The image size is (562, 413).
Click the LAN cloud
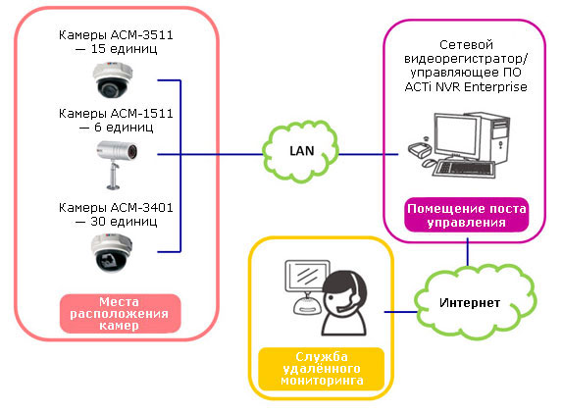300,152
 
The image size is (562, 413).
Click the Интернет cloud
476,302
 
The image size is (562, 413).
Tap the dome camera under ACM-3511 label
113,79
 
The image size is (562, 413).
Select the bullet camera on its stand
117,164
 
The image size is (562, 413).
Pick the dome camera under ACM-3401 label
112,253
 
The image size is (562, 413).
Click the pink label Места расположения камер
120,313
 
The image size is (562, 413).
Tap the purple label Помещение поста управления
466,215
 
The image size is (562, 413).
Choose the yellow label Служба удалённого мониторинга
321,369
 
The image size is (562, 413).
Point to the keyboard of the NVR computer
464,169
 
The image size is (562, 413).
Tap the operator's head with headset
344,291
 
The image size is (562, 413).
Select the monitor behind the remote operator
307,276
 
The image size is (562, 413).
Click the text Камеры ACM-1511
116,113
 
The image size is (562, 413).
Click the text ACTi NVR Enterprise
466,87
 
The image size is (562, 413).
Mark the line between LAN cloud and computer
369,155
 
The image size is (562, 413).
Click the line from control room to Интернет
468,252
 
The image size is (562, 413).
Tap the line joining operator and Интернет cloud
401,312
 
